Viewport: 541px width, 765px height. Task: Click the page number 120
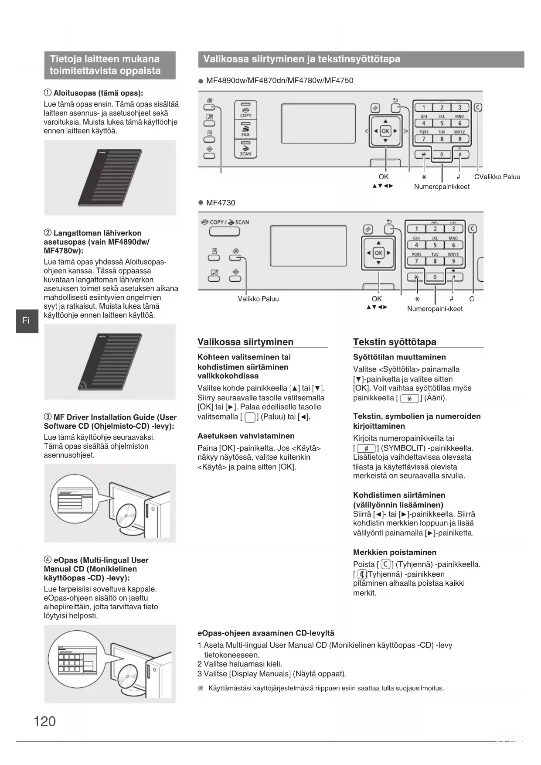[x=45, y=721]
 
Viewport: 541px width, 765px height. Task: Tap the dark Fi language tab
[x=27, y=321]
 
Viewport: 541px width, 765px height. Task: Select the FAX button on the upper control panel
[x=246, y=130]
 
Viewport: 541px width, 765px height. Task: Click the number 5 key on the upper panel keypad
[x=442, y=123]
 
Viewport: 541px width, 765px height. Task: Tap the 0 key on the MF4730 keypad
[x=435, y=277]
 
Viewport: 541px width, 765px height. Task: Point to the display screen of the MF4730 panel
[x=308, y=245]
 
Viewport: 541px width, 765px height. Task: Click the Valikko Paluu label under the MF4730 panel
[x=258, y=299]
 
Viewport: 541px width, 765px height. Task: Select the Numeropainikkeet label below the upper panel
[x=442, y=187]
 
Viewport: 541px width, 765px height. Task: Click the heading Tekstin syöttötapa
[x=395, y=342]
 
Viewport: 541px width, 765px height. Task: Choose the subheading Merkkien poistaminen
[x=395, y=552]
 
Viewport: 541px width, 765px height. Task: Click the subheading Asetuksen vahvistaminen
[x=246, y=436]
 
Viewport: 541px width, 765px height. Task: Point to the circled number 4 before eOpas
[x=48, y=560]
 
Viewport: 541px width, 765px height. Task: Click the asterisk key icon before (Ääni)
[x=409, y=398]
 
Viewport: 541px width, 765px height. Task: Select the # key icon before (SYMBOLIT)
[x=366, y=448]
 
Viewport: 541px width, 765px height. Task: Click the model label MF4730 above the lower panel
[x=221, y=203]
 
